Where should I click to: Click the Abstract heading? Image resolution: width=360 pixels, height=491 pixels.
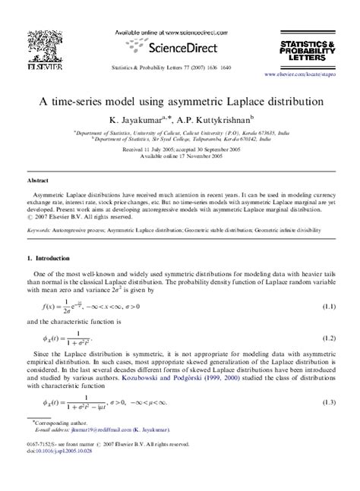38,181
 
